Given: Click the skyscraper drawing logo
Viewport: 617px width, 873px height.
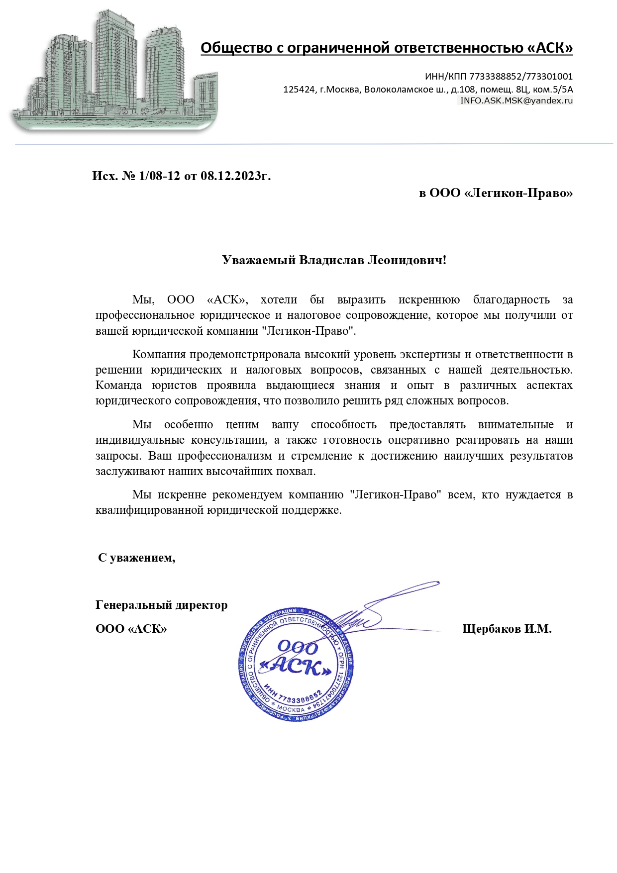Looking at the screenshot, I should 114,72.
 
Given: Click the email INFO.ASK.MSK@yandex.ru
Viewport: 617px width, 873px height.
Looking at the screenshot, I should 516,100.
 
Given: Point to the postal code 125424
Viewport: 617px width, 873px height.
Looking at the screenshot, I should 299,90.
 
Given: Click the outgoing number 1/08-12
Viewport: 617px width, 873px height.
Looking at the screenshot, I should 160,176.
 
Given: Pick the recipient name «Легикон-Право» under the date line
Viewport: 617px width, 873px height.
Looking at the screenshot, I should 518,193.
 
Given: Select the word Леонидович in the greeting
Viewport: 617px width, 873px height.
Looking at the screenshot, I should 406,260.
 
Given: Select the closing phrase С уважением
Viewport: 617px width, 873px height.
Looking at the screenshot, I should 137,558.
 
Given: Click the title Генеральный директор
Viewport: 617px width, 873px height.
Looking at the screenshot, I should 161,605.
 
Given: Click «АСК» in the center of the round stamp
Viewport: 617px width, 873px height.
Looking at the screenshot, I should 297,667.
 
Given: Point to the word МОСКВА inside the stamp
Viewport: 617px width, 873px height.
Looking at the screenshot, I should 291,708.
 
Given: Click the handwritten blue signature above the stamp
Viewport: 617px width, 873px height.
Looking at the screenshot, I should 378,609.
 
